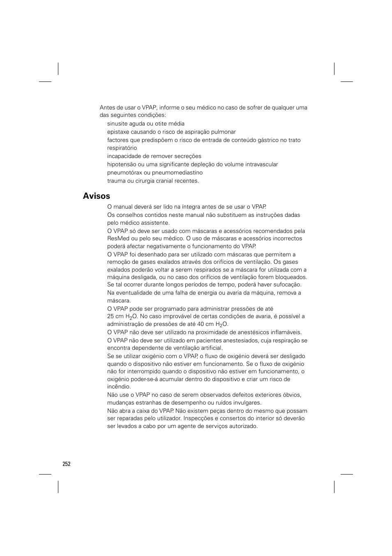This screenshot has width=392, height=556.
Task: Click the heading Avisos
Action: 96,196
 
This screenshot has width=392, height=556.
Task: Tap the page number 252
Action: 67,464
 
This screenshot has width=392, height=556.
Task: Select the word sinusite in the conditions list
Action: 118,124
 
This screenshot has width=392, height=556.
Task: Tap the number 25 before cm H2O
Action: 111,316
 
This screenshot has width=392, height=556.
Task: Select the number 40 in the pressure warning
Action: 201,324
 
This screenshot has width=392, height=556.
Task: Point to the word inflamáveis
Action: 286,333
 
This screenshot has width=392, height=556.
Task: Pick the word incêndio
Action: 119,387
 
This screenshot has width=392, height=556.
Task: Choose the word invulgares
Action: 247,403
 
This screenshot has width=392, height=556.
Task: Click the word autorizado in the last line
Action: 242,426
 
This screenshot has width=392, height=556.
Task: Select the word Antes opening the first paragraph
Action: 107,108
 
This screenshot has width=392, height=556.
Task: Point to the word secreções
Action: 188,156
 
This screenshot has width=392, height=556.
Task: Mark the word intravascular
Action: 261,165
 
